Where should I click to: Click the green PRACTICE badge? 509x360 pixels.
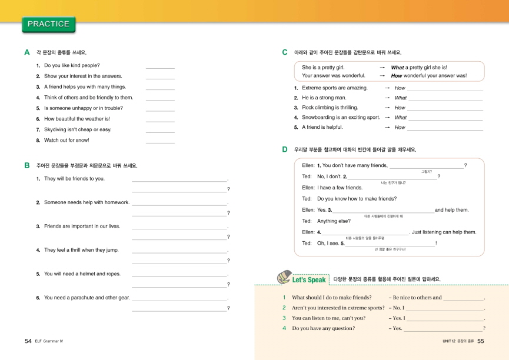coord(48,24)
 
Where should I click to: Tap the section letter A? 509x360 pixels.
coord(27,52)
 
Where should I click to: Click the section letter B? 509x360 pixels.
coord(27,165)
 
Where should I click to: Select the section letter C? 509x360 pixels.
coord(285,52)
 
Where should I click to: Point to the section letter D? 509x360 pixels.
coord(285,149)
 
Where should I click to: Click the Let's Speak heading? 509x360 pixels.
coord(308,279)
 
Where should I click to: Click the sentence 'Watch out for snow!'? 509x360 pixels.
coord(66,140)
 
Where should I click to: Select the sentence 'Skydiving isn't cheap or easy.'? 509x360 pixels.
coord(77,129)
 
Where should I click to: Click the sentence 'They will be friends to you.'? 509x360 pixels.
coord(74,179)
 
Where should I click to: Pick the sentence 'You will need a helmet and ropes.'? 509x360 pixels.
coord(82,274)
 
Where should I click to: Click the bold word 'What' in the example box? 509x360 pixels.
coord(397,68)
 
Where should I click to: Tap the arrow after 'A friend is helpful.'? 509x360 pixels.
coord(387,127)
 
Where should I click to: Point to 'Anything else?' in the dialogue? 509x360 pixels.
coord(334,221)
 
